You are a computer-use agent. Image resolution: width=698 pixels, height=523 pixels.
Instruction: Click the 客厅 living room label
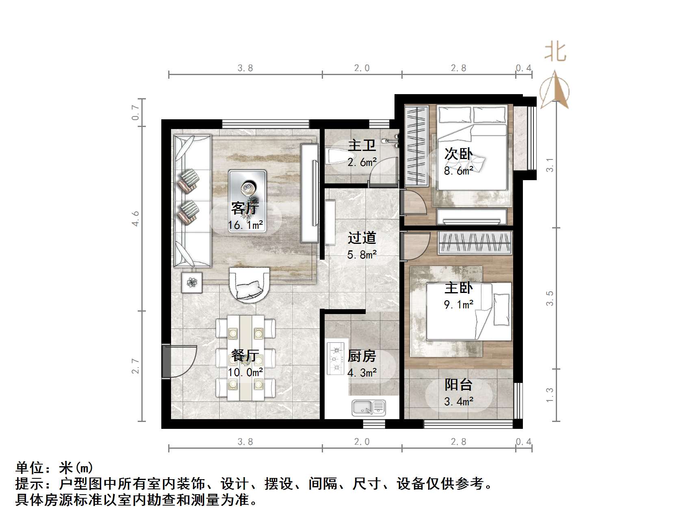click(245, 208)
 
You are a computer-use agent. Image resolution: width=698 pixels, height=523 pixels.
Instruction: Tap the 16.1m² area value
click(245, 225)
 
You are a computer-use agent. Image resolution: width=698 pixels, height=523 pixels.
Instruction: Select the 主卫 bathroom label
click(362, 145)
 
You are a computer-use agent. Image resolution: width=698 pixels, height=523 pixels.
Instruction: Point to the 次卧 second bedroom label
click(458, 154)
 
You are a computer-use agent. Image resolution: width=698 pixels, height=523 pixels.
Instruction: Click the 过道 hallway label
click(362, 238)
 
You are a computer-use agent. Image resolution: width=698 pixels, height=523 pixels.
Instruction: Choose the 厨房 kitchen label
click(362, 356)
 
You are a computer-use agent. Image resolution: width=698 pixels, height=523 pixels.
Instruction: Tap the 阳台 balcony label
click(458, 385)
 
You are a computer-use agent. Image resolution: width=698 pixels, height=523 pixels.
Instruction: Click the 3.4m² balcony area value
click(458, 402)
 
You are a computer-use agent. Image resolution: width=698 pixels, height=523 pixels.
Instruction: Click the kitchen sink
click(369, 407)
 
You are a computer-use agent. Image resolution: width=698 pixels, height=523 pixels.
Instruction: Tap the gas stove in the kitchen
click(336, 359)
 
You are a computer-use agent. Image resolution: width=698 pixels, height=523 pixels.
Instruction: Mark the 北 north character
click(555, 52)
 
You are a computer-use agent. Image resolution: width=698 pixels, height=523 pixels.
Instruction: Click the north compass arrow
click(555, 90)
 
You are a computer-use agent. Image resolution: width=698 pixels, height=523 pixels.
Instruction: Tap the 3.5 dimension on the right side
click(550, 298)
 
